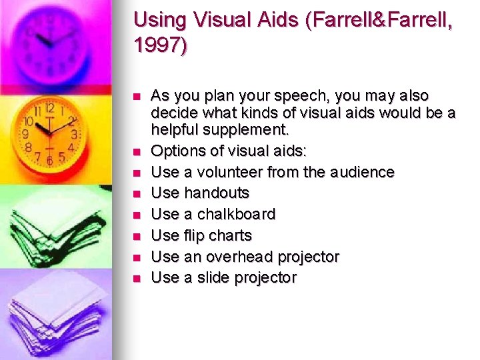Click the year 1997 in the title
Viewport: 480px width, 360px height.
[161, 45]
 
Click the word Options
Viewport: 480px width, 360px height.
[177, 151]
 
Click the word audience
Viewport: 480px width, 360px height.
[361, 172]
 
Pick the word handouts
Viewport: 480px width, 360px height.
[217, 193]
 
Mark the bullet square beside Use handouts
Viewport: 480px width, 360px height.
[137, 194]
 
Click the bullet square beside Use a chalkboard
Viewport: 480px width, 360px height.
[137, 215]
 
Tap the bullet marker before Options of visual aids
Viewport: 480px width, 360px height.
[137, 151]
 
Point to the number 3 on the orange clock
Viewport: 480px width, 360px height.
[74, 135]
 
